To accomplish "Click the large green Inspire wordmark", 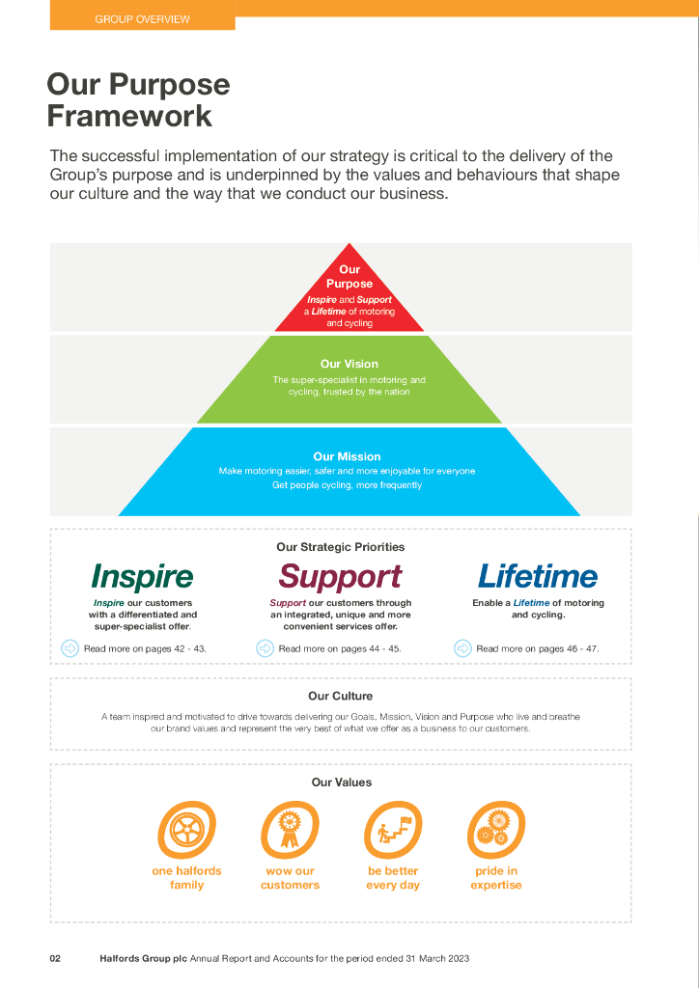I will [x=142, y=577].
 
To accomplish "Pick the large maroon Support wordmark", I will [x=340, y=577].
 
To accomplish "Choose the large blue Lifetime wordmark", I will [x=538, y=577].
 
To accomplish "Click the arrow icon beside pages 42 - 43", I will [x=70, y=648].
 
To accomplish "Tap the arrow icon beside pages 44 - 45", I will [x=266, y=648].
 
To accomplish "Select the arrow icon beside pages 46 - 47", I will [x=463, y=648].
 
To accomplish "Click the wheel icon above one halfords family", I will [x=186, y=830].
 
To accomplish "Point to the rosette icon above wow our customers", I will [x=290, y=830].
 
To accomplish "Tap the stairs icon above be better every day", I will [x=393, y=830].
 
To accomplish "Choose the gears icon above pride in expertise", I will [x=495, y=830].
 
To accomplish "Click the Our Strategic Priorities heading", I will [x=340, y=547].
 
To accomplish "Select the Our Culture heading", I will [x=340, y=696].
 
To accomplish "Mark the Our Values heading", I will [x=341, y=782].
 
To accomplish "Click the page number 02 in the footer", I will [x=56, y=958].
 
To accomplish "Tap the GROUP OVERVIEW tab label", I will [x=142, y=19].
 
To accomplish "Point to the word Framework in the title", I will [x=129, y=117].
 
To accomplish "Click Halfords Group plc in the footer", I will [x=143, y=958].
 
